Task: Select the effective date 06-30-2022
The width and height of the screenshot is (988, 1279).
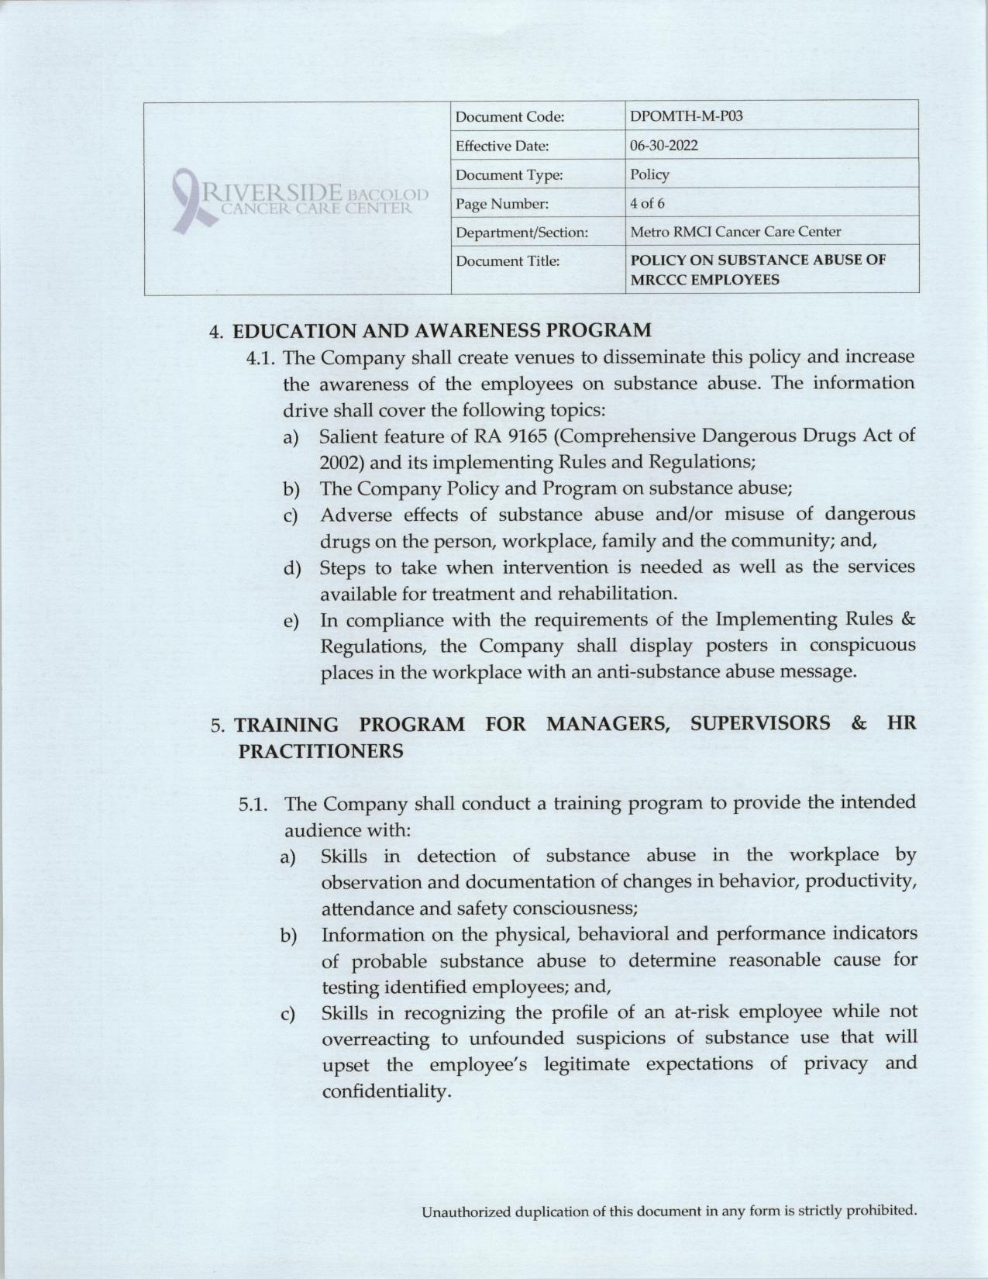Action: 664,146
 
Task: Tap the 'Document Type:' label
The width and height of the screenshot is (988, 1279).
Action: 508,175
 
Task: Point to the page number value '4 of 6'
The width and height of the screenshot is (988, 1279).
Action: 647,204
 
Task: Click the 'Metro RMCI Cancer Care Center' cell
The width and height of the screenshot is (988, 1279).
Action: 735,232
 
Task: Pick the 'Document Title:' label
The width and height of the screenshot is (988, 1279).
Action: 507,261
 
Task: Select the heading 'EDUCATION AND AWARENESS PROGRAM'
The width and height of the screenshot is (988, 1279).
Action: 442,331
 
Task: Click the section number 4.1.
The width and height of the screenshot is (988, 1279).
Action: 262,357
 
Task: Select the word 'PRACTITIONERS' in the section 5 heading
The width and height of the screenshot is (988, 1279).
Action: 318,751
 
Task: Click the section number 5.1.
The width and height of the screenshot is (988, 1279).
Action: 253,804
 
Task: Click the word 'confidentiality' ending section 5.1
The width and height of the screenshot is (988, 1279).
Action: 385,1091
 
